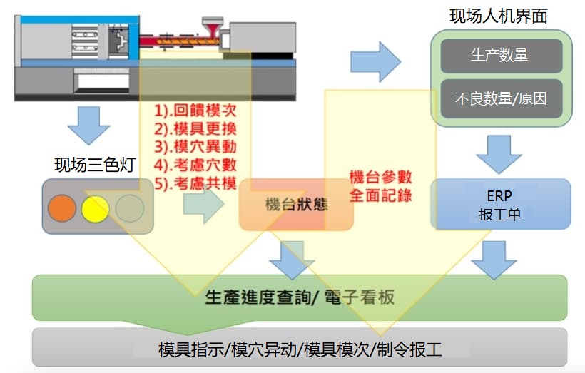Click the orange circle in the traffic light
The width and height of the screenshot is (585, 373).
coord(62,208)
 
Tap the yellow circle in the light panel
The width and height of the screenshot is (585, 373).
coord(95,209)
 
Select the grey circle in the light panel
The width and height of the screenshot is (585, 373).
coord(129,208)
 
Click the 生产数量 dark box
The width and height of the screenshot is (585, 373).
coord(501,56)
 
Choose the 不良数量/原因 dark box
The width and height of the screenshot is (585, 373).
coord(501,98)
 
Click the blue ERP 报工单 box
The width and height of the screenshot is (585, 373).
coord(501,204)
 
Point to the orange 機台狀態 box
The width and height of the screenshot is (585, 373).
coord(296,205)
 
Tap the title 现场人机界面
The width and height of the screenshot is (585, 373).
coord(499,16)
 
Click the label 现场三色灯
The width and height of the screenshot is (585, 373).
coord(95,165)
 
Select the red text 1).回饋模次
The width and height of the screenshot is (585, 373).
coord(195,110)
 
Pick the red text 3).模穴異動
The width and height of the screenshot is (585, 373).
coord(195,146)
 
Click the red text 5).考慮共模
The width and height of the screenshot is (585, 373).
coord(195,183)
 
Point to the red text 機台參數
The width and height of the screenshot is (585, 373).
coord(380,177)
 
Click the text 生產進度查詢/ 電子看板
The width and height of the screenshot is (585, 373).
coord(300,297)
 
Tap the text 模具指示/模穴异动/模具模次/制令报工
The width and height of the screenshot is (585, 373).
coord(300,349)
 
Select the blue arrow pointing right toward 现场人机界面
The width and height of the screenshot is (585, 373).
coord(376,62)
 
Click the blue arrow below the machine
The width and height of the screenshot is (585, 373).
coord(88,126)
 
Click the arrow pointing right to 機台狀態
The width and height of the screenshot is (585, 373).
coord(204,204)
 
